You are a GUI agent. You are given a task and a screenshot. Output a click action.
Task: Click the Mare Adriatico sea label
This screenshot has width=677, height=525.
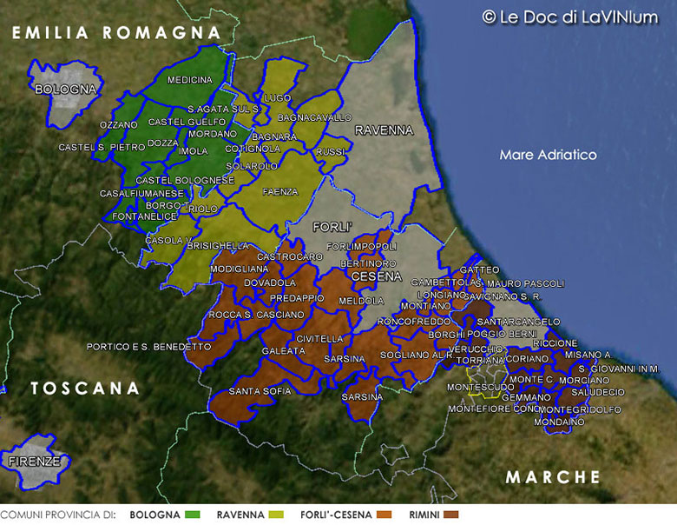pos(548,155)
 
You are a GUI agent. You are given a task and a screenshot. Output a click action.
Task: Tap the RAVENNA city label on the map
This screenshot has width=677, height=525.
pos(384,130)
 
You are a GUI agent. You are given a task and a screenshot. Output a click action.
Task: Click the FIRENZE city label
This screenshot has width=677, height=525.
pos(35,462)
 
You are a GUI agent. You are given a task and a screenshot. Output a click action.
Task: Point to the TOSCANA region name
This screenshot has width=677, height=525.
pos(85,389)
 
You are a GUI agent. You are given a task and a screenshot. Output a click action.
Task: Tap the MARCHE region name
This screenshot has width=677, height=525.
pos(553,476)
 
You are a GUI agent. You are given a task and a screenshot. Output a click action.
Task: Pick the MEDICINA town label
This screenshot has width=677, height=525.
pos(189,80)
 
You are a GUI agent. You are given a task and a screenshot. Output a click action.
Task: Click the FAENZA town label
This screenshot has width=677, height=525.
pos(279,191)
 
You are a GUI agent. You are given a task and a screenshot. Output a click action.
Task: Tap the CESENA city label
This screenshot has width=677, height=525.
pos(376,276)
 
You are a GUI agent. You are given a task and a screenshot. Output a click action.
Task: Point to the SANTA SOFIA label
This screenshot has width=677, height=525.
pos(260,391)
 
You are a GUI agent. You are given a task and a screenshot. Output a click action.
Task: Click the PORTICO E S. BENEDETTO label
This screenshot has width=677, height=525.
pos(148,346)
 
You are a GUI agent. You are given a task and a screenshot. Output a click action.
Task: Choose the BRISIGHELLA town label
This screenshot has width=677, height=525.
pos(217,246)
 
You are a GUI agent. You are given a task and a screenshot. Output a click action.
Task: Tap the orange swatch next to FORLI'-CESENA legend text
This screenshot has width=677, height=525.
pos(385,515)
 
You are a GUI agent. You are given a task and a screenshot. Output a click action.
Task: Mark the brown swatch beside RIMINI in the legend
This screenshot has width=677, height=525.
pos(450,515)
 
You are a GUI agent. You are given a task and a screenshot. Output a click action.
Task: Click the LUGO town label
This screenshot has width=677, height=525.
pos(279,97)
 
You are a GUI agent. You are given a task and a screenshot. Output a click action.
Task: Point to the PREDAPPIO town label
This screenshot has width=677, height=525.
pos(272,297)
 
